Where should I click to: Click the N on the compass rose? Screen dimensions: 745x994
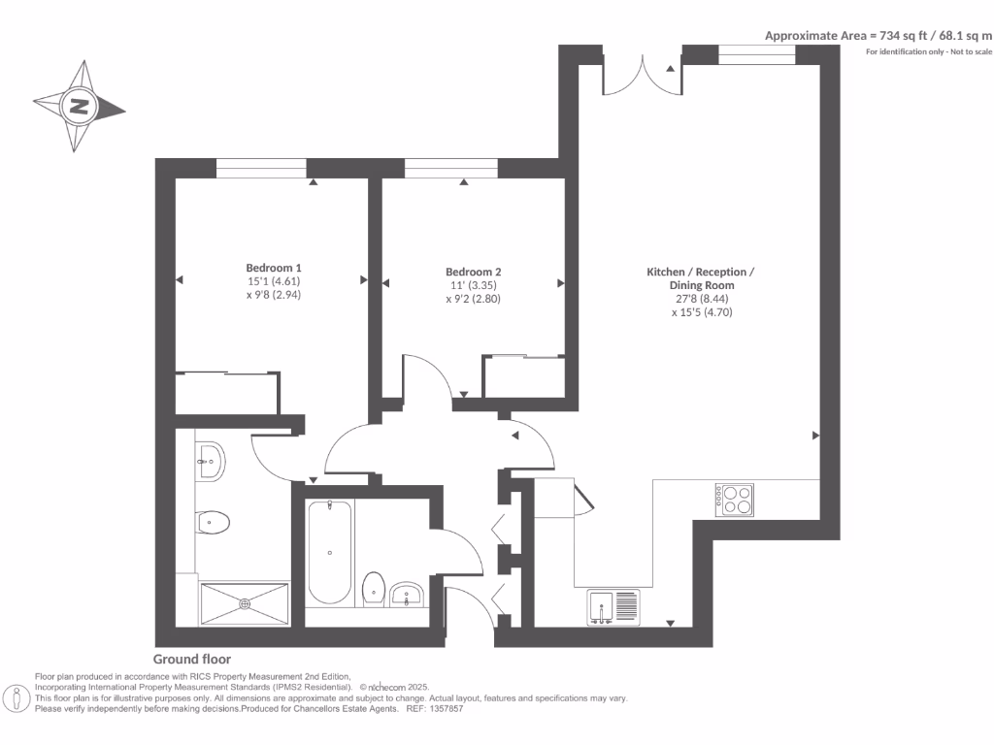(x=79, y=107)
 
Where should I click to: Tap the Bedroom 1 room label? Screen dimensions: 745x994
(x=273, y=268)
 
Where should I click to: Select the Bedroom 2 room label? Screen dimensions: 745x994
(x=473, y=272)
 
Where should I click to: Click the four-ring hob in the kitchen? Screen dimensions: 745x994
(x=736, y=499)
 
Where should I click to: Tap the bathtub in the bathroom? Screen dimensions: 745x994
(x=330, y=552)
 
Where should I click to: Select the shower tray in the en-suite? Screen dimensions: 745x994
(x=245, y=602)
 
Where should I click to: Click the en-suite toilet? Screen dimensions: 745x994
(x=212, y=523)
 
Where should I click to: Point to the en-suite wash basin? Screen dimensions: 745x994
(x=210, y=460)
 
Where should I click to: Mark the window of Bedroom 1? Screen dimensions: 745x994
(x=260, y=169)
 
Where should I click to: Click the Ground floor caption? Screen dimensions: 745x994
(x=192, y=660)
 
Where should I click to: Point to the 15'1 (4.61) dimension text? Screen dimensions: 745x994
(x=273, y=282)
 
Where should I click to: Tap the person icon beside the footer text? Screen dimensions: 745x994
(x=17, y=698)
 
